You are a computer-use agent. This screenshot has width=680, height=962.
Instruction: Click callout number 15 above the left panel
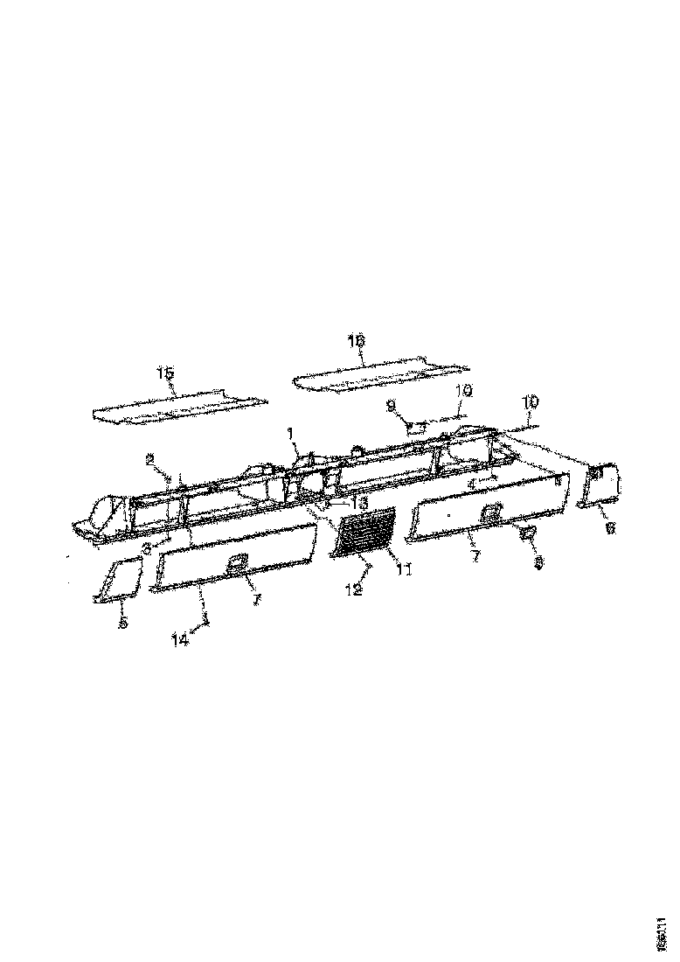[x=165, y=373]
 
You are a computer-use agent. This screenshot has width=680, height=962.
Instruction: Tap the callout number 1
[x=291, y=431]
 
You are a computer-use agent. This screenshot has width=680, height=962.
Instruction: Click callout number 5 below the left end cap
[x=123, y=622]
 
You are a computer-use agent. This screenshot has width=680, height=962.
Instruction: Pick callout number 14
[x=180, y=639]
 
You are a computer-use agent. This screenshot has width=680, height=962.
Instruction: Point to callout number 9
[x=391, y=405]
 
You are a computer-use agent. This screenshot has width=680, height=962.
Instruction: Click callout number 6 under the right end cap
[x=610, y=526]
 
